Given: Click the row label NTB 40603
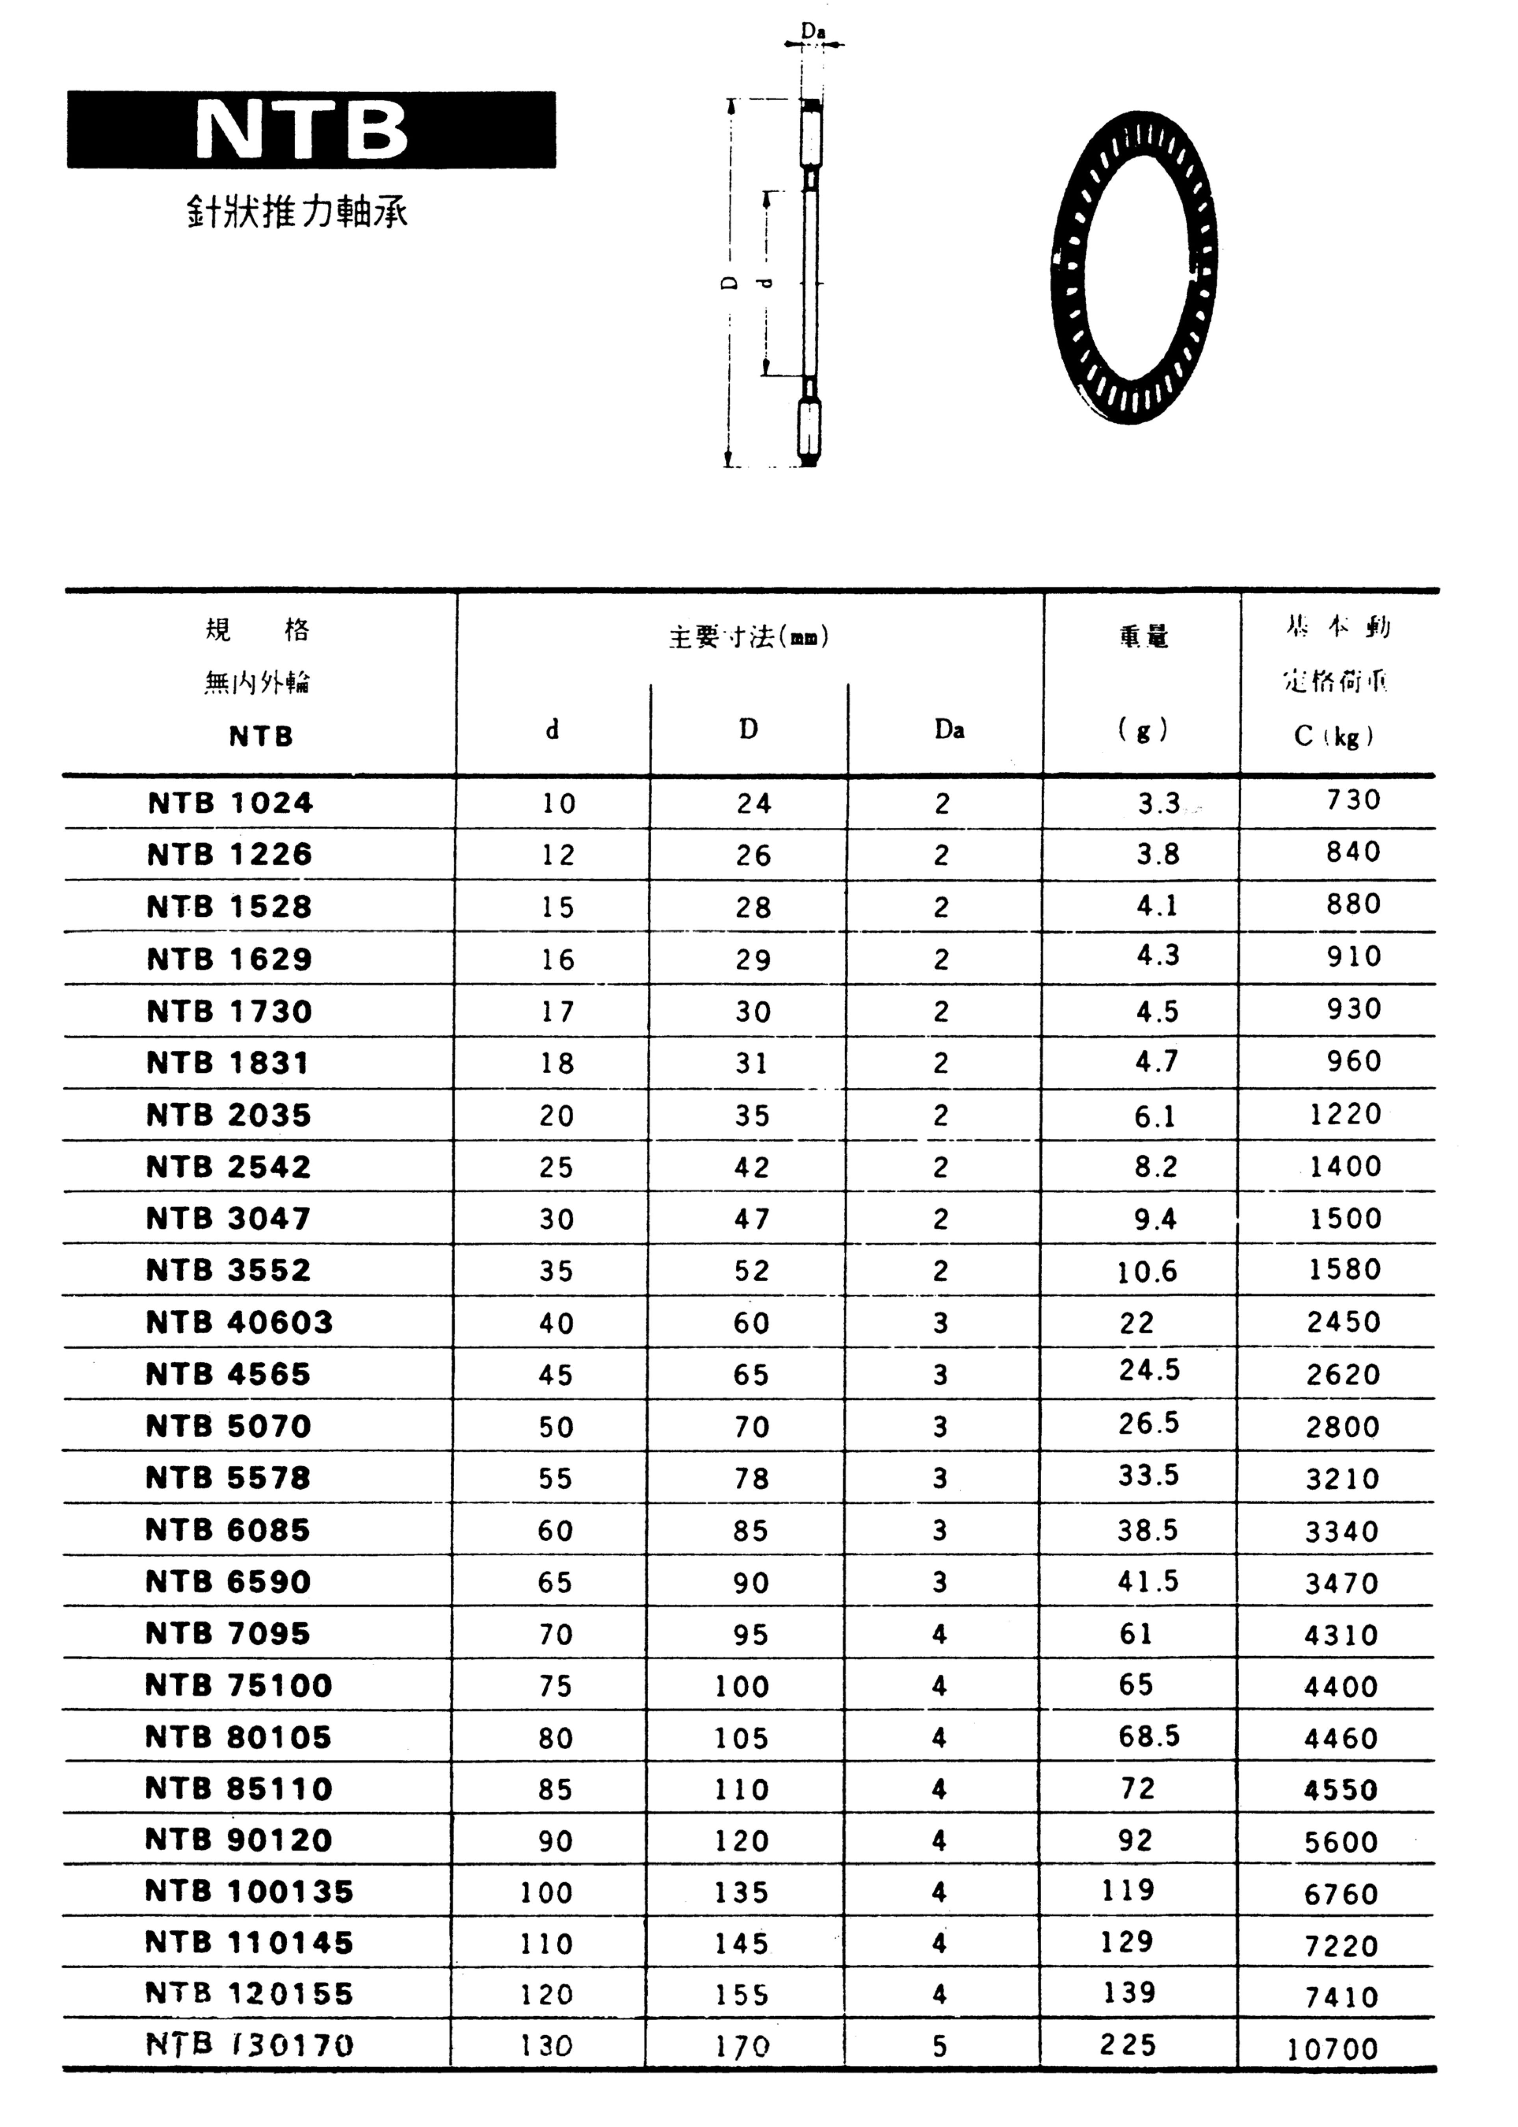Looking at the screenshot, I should tap(239, 1323).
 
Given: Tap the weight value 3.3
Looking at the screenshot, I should tap(1159, 804).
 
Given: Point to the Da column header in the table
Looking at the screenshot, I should tap(949, 730).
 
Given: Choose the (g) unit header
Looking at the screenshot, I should tap(1142, 730).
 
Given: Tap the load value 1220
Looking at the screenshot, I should tap(1345, 1114).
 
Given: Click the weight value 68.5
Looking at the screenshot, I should tap(1149, 1736).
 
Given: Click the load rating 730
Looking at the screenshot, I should tap(1353, 800).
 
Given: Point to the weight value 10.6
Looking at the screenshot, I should tap(1147, 1271).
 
